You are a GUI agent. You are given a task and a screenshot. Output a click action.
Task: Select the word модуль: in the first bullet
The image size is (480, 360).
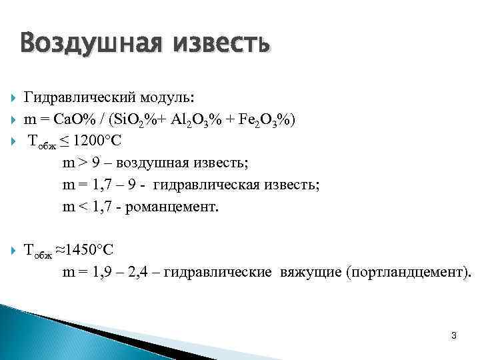(x=168, y=98)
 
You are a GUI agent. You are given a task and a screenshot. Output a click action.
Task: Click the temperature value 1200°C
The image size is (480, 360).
(x=97, y=141)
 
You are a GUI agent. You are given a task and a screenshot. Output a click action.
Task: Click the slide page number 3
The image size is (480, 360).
(x=453, y=335)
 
